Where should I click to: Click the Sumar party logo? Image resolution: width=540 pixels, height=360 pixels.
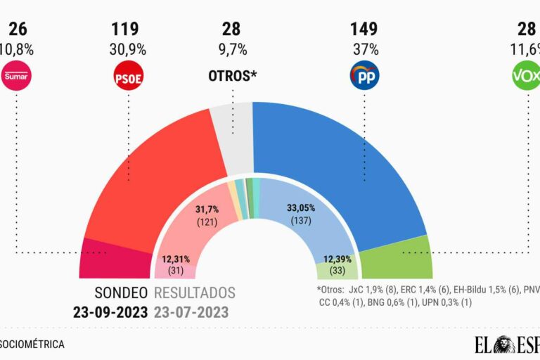pyautogui.click(x=16, y=76)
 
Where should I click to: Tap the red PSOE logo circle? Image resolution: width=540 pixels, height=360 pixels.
pyautogui.click(x=128, y=76)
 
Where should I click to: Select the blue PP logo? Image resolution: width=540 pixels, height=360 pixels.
pyautogui.click(x=364, y=76)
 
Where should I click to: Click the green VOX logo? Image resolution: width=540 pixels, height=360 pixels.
pyautogui.click(x=526, y=76)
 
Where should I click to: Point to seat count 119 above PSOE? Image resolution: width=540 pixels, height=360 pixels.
pyautogui.click(x=125, y=30)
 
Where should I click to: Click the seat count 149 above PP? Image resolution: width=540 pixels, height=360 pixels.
pyautogui.click(x=364, y=30)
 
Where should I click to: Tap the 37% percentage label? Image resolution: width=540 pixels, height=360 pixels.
pyautogui.click(x=364, y=51)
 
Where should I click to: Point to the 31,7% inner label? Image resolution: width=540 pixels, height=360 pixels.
pyautogui.click(x=209, y=208)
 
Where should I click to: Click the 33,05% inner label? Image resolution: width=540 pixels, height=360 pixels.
pyautogui.click(x=301, y=208)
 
